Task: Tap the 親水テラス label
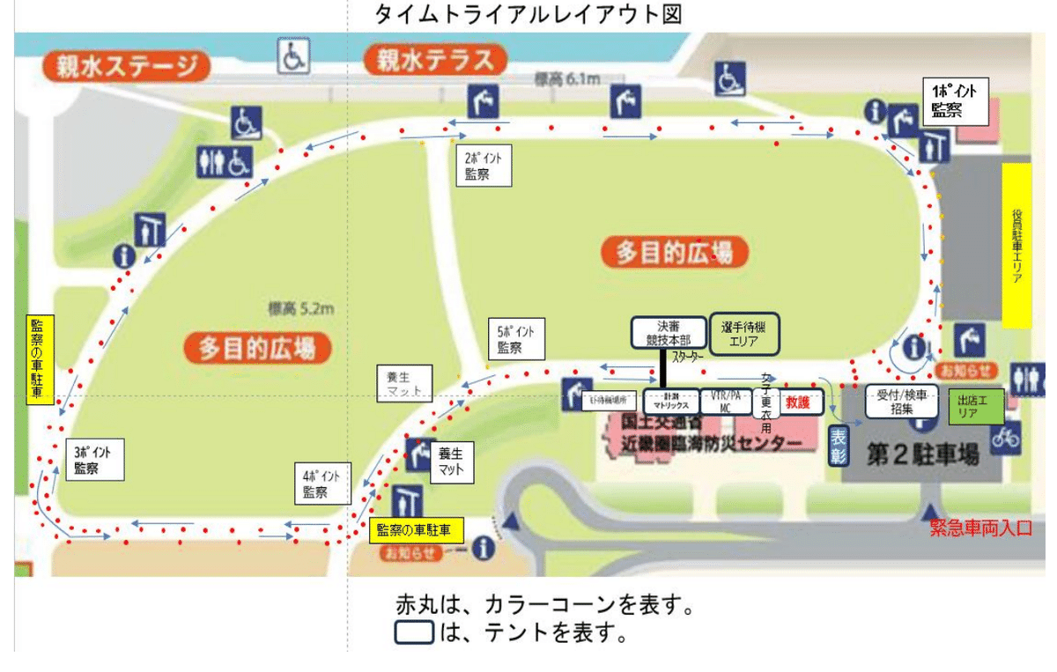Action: coord(436,60)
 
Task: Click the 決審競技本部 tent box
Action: coord(669,331)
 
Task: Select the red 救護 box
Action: coord(797,401)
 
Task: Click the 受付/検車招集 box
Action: coord(901,401)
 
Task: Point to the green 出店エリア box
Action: coord(978,405)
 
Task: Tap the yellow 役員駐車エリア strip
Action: coord(1016,246)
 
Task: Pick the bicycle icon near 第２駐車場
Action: coord(1006,436)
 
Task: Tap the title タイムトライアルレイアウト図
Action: coord(528,14)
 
